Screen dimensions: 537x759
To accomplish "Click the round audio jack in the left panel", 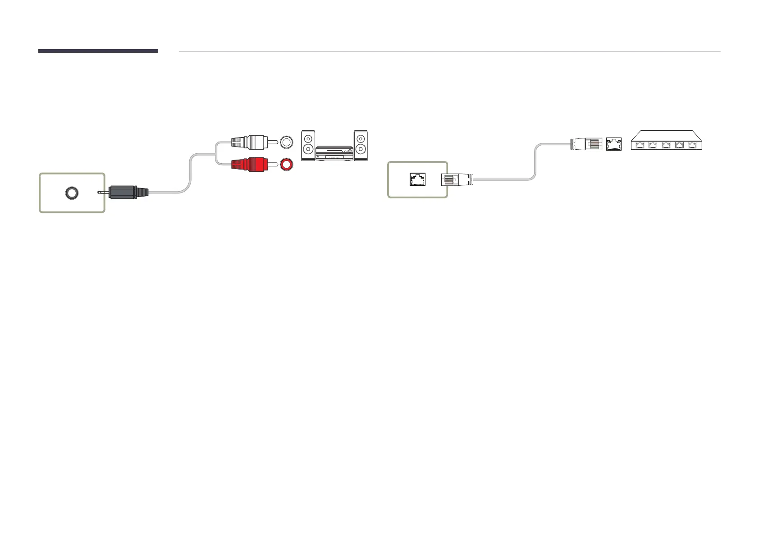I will (x=71, y=193).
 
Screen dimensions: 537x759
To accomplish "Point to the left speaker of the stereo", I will (x=308, y=145).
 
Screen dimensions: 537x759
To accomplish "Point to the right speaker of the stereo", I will (x=361, y=145).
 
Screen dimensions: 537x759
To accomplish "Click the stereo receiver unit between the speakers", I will (x=334, y=153).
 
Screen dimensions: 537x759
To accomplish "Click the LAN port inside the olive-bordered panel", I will (x=417, y=179).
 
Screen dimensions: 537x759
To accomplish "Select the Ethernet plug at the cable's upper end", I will (x=586, y=144).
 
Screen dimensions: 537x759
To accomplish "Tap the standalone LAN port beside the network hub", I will (x=613, y=145).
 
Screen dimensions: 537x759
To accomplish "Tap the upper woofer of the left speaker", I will (x=308, y=138).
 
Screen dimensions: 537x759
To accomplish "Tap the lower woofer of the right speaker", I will (x=361, y=150).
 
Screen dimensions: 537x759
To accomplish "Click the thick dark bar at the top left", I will (x=98, y=51).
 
